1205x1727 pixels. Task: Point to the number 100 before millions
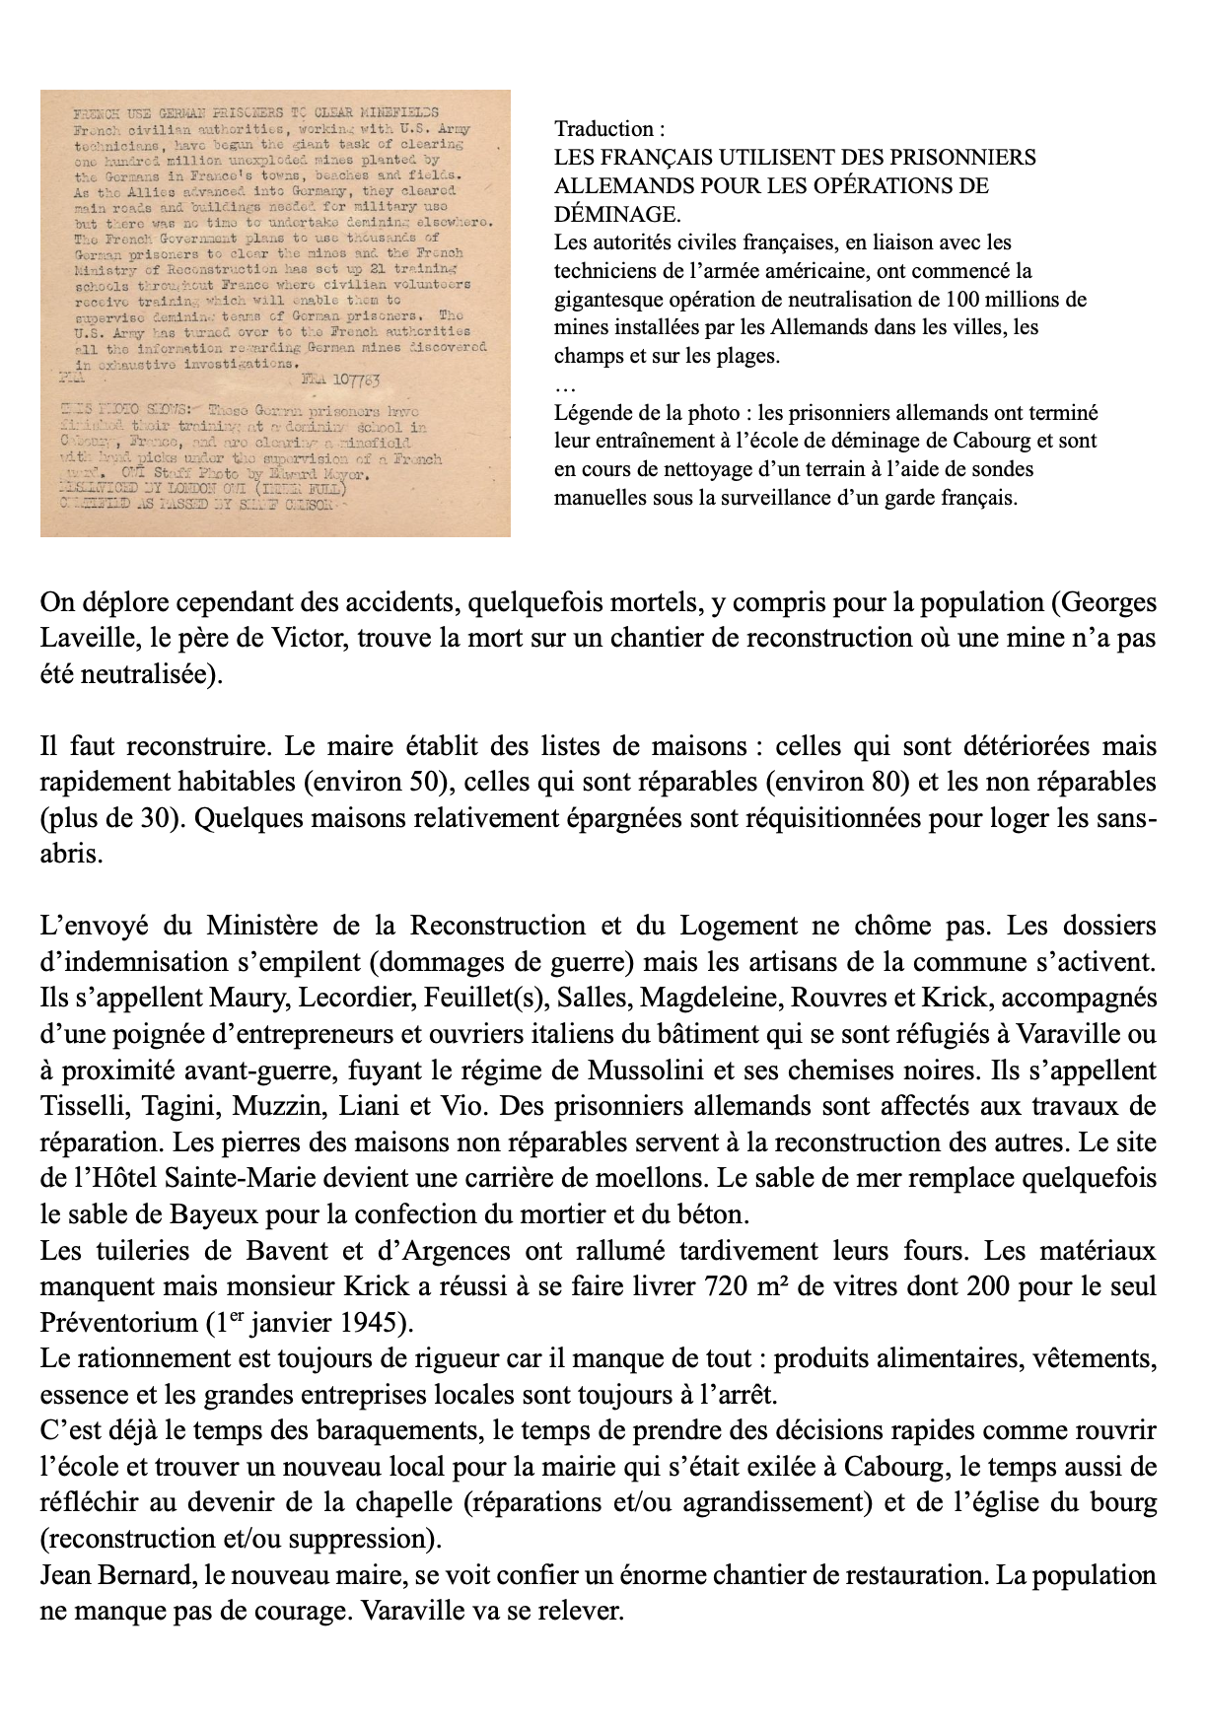961,299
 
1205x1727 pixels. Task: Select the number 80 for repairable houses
887,782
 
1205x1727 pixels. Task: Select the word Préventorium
117,1322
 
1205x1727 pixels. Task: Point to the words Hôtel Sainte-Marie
181,1178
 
